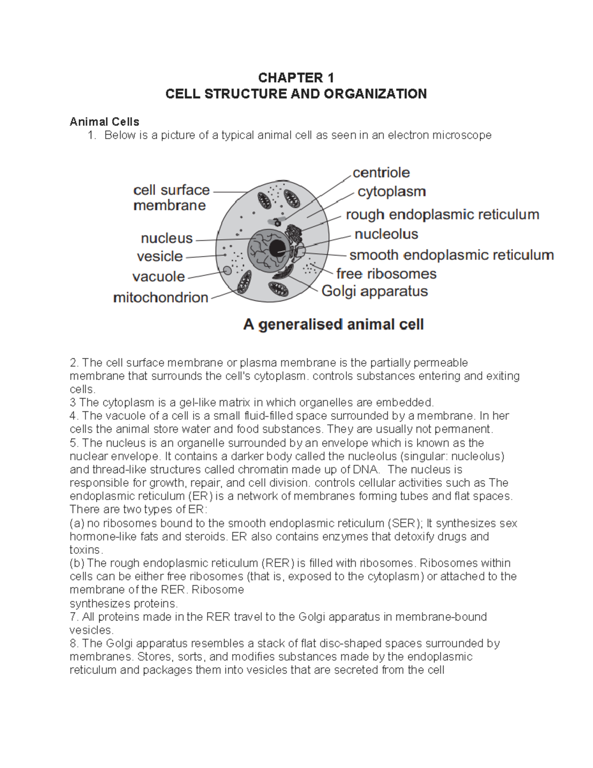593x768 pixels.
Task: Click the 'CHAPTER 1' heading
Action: [x=296, y=78]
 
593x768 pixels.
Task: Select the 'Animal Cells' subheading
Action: [x=104, y=122]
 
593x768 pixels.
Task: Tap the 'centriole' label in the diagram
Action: [x=381, y=173]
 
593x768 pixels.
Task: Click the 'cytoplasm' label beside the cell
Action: [x=391, y=191]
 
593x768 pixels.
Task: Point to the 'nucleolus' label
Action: [x=386, y=234]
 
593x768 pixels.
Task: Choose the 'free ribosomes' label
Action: [x=386, y=273]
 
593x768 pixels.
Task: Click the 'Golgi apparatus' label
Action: [x=375, y=291]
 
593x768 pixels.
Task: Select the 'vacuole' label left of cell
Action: [x=159, y=276]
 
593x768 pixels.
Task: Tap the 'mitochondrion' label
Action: [x=161, y=298]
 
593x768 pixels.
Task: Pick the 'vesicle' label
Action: [x=160, y=256]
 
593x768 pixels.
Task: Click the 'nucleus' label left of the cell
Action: [x=167, y=238]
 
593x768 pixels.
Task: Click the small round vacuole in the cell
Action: [x=227, y=271]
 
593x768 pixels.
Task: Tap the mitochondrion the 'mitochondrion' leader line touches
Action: [x=244, y=284]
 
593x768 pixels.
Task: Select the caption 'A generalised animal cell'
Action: [x=334, y=325]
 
